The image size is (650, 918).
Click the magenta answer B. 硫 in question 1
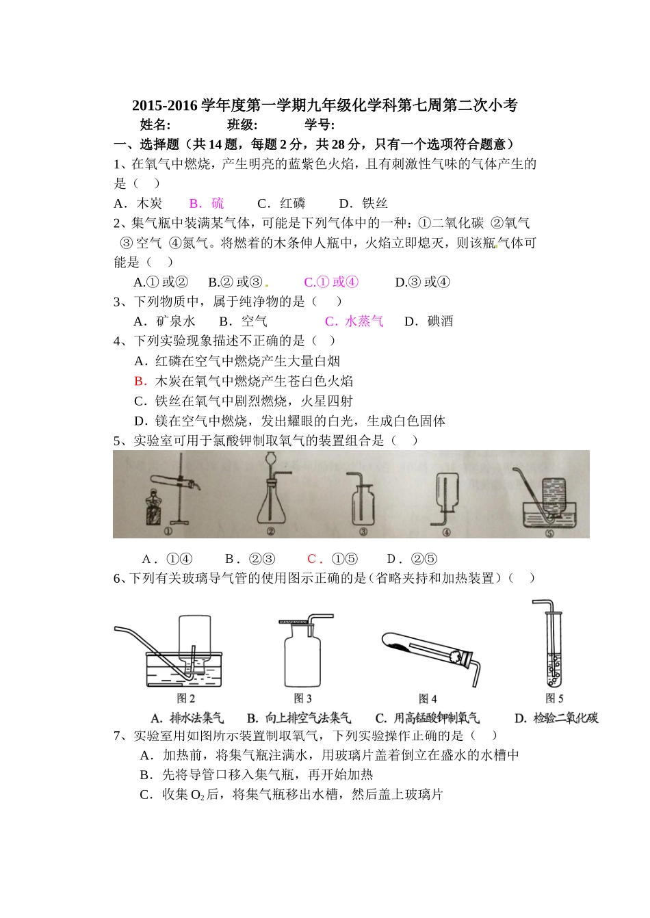coord(206,203)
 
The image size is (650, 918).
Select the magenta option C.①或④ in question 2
coord(331,282)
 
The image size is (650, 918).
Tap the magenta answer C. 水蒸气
coord(354,322)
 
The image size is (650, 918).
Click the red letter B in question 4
coord(140,381)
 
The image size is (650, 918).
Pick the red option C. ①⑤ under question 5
coord(333,559)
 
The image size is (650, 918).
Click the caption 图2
coord(186,698)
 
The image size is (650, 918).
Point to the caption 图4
coord(428,698)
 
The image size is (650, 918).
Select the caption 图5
coord(554,698)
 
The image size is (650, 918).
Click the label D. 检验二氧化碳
coord(556,718)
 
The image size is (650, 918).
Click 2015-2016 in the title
coord(164,105)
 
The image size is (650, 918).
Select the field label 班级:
coord(242,124)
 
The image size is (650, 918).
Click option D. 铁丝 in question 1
coord(363,203)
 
